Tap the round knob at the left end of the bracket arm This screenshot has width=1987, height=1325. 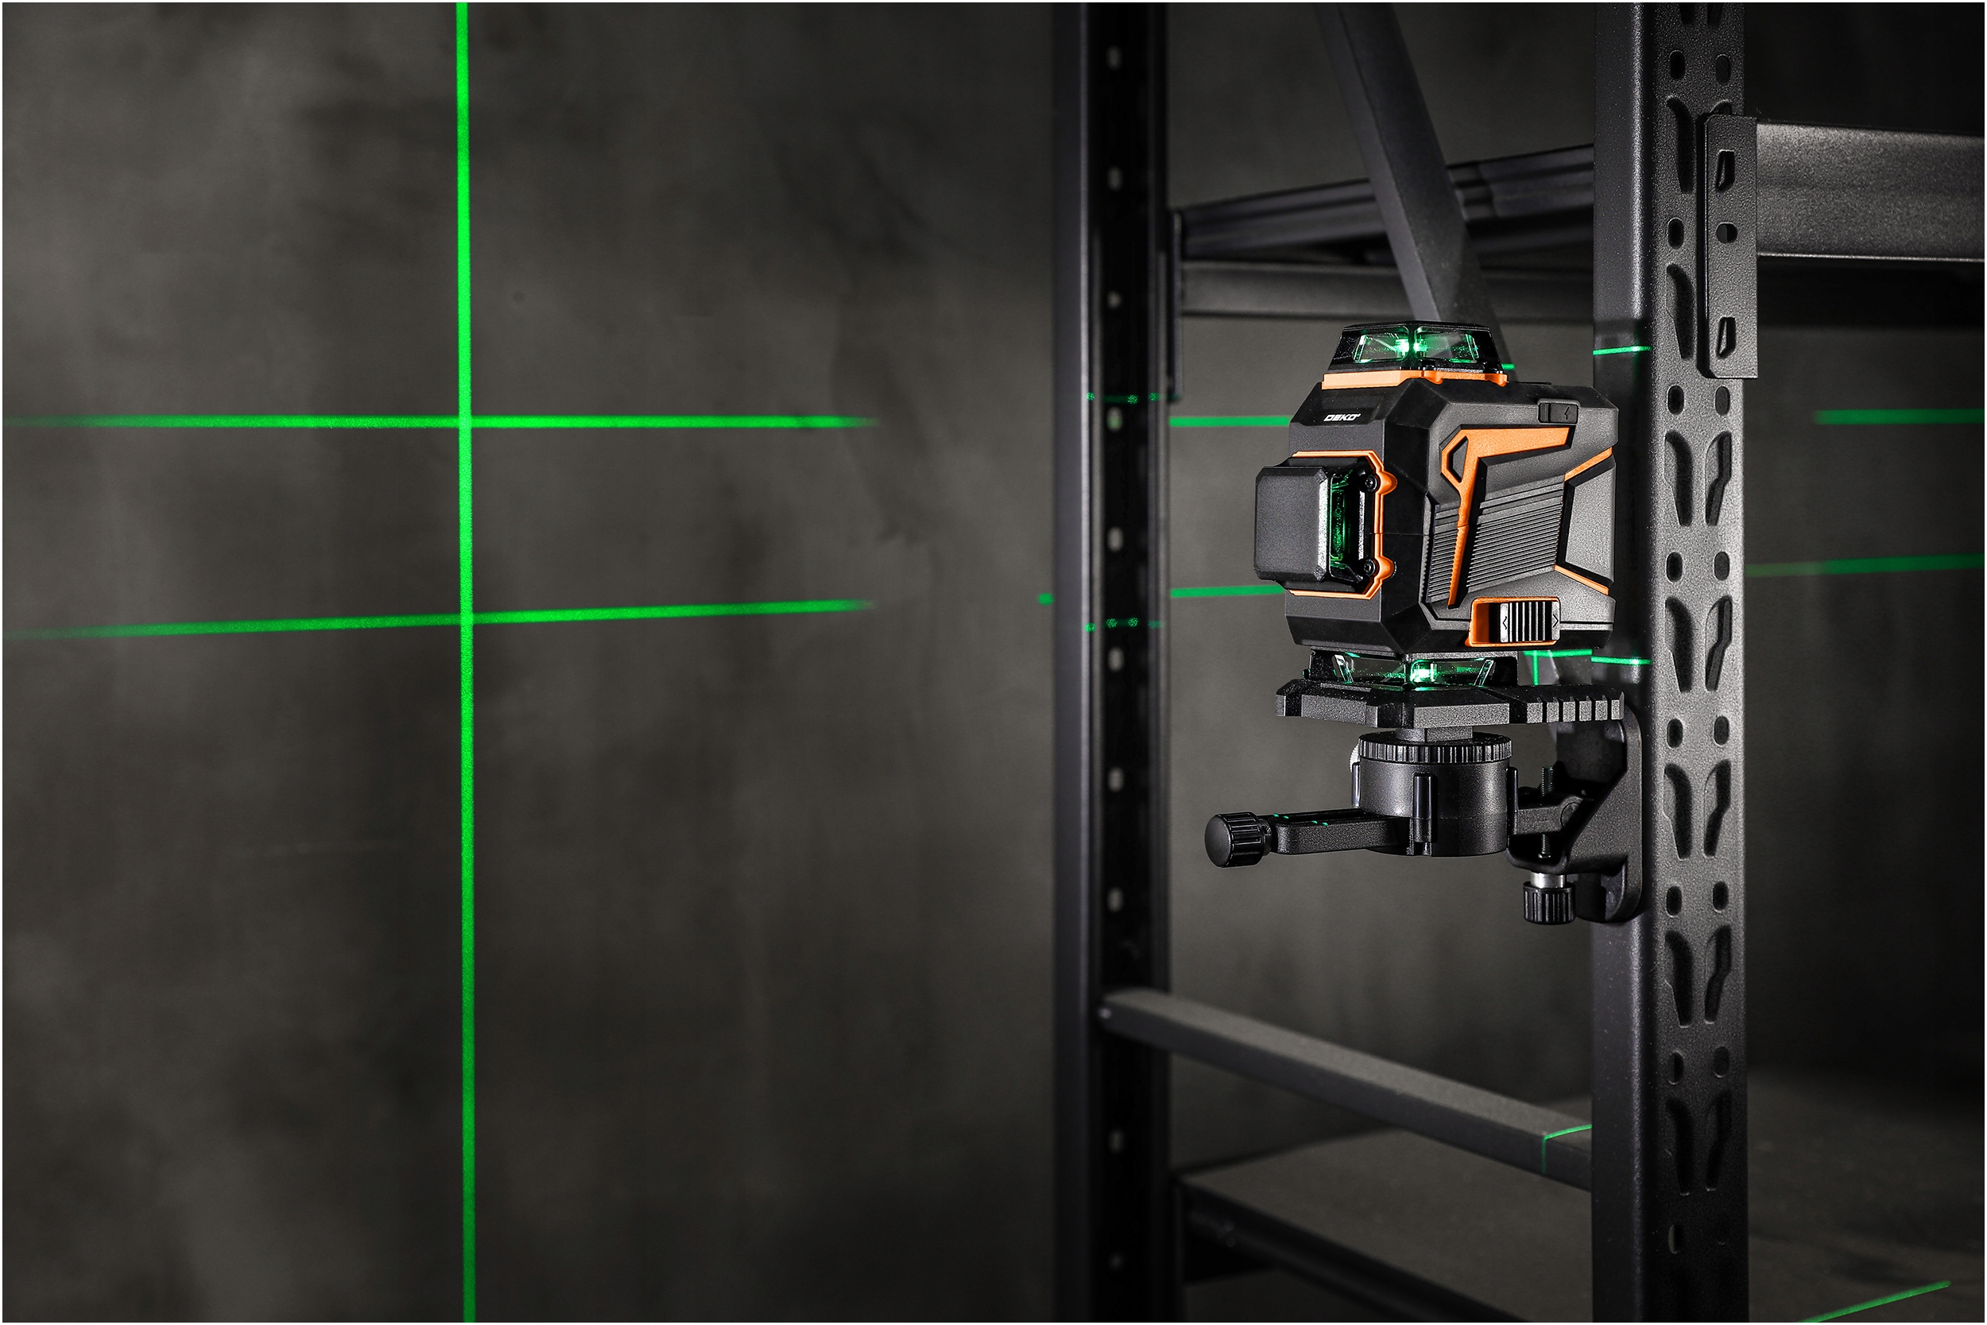tap(1230, 840)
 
